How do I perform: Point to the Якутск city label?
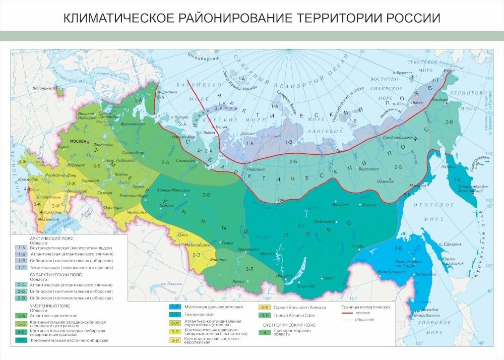370,205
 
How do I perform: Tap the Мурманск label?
169,93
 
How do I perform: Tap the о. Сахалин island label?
449,244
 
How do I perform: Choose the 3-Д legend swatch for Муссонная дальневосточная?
174,307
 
